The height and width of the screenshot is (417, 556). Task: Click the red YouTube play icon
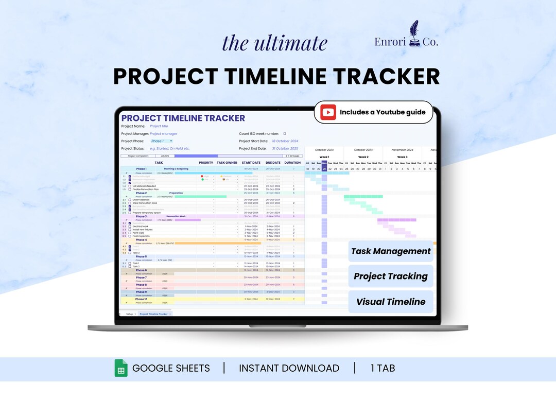[328, 112]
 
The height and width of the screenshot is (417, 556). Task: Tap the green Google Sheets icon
[121, 368]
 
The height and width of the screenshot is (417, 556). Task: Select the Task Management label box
[391, 251]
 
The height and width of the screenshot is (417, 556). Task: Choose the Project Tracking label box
[391, 276]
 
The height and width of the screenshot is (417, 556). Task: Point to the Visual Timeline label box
[391, 302]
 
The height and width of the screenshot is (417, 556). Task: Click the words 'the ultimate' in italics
[274, 43]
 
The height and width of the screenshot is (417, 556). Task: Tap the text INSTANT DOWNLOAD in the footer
[289, 368]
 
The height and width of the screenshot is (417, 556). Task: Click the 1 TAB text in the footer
[383, 368]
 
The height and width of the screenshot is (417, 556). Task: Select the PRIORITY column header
[206, 163]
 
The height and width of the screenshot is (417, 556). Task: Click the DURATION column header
[292, 163]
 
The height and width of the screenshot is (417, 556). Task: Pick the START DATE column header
[251, 163]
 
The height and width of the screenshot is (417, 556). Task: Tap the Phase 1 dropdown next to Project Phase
[161, 141]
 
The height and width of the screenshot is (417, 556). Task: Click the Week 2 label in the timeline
[363, 157]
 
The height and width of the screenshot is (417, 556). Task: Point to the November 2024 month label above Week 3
[402, 150]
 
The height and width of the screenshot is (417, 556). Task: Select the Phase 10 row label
[141, 299]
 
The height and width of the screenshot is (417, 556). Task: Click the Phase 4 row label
[141, 240]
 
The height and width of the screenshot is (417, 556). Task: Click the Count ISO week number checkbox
[285, 133]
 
